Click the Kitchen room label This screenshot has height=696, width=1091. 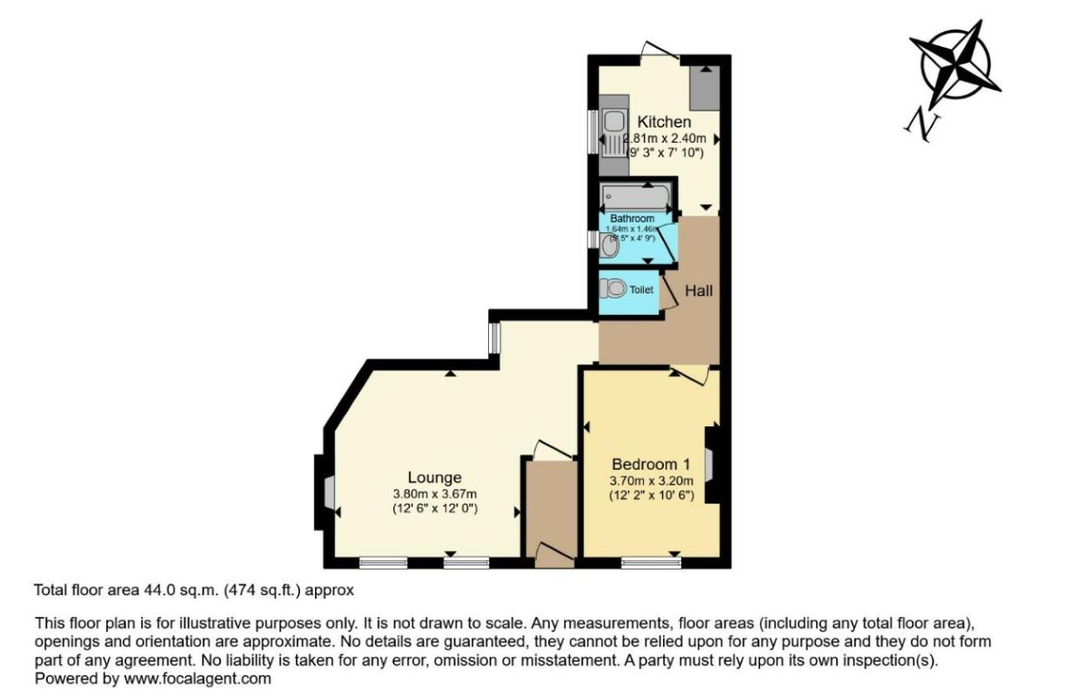click(x=664, y=122)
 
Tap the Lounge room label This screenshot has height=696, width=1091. click(x=434, y=477)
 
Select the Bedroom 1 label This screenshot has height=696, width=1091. click(x=652, y=463)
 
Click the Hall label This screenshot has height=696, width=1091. click(x=699, y=291)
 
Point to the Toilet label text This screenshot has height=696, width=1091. click(x=641, y=290)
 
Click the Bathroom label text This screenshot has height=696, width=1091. click(x=632, y=218)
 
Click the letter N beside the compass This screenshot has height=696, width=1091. click(x=923, y=124)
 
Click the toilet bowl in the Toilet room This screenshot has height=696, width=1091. click(x=614, y=288)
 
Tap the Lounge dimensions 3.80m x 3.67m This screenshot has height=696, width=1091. click(x=434, y=493)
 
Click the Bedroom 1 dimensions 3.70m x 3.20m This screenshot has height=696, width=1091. click(x=652, y=480)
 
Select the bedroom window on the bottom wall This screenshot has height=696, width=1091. click(x=652, y=563)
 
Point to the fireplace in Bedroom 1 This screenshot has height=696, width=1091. click(x=710, y=464)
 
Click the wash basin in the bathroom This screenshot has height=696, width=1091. click(x=609, y=247)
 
